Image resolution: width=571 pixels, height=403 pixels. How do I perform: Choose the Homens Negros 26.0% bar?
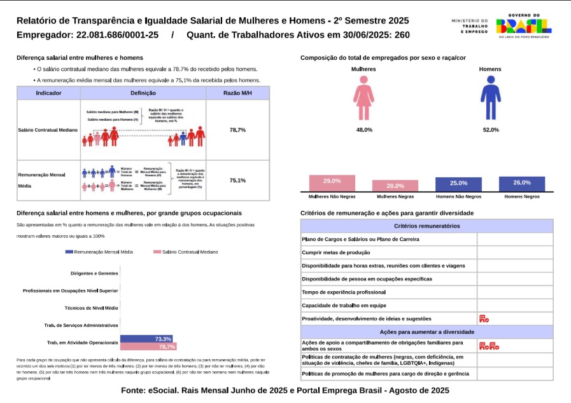[x=522, y=184]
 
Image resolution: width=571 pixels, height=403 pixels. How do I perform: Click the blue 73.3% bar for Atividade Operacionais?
[x=148, y=339]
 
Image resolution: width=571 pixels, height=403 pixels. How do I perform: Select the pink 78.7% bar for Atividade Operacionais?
[x=148, y=347]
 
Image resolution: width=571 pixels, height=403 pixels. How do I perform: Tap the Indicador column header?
[x=48, y=93]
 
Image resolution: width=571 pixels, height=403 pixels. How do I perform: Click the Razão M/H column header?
[x=237, y=93]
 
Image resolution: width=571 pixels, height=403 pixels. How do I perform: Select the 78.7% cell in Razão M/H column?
[x=237, y=130]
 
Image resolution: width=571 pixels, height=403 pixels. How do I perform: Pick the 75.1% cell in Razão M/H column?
[x=237, y=181]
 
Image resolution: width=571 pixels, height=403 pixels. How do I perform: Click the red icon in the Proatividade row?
[x=484, y=318]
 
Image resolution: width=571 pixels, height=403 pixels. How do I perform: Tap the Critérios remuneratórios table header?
[x=426, y=226]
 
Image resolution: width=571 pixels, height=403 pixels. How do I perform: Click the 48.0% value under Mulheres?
[x=364, y=130]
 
